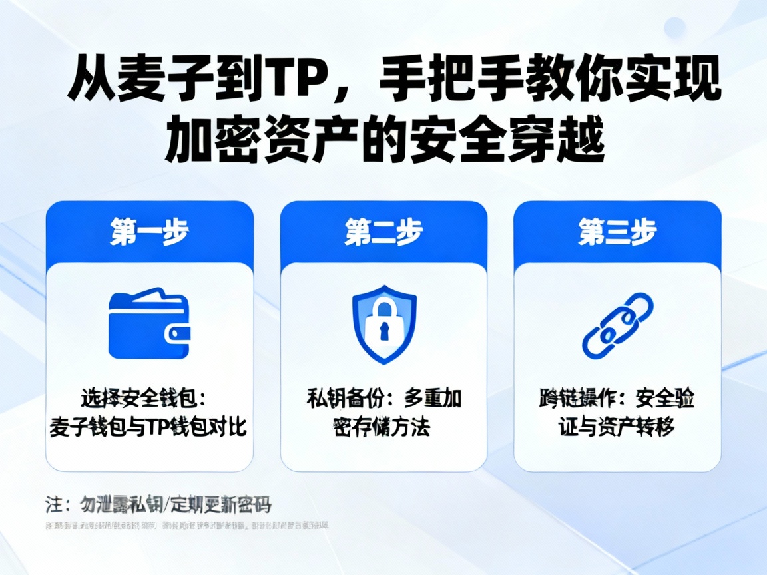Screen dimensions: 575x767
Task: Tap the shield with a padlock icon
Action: tap(383, 324)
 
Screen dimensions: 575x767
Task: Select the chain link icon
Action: tap(617, 324)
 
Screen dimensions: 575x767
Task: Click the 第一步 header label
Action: tap(149, 232)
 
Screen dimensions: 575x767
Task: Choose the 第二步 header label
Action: tap(383, 232)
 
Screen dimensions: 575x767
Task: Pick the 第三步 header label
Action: tap(617, 232)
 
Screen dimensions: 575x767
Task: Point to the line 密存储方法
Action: tap(382, 427)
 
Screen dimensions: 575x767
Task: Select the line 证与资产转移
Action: tap(617, 427)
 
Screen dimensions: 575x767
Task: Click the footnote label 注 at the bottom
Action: tap(53, 504)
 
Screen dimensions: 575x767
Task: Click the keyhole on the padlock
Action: tap(384, 329)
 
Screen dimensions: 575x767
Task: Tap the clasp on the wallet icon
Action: tap(181, 333)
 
